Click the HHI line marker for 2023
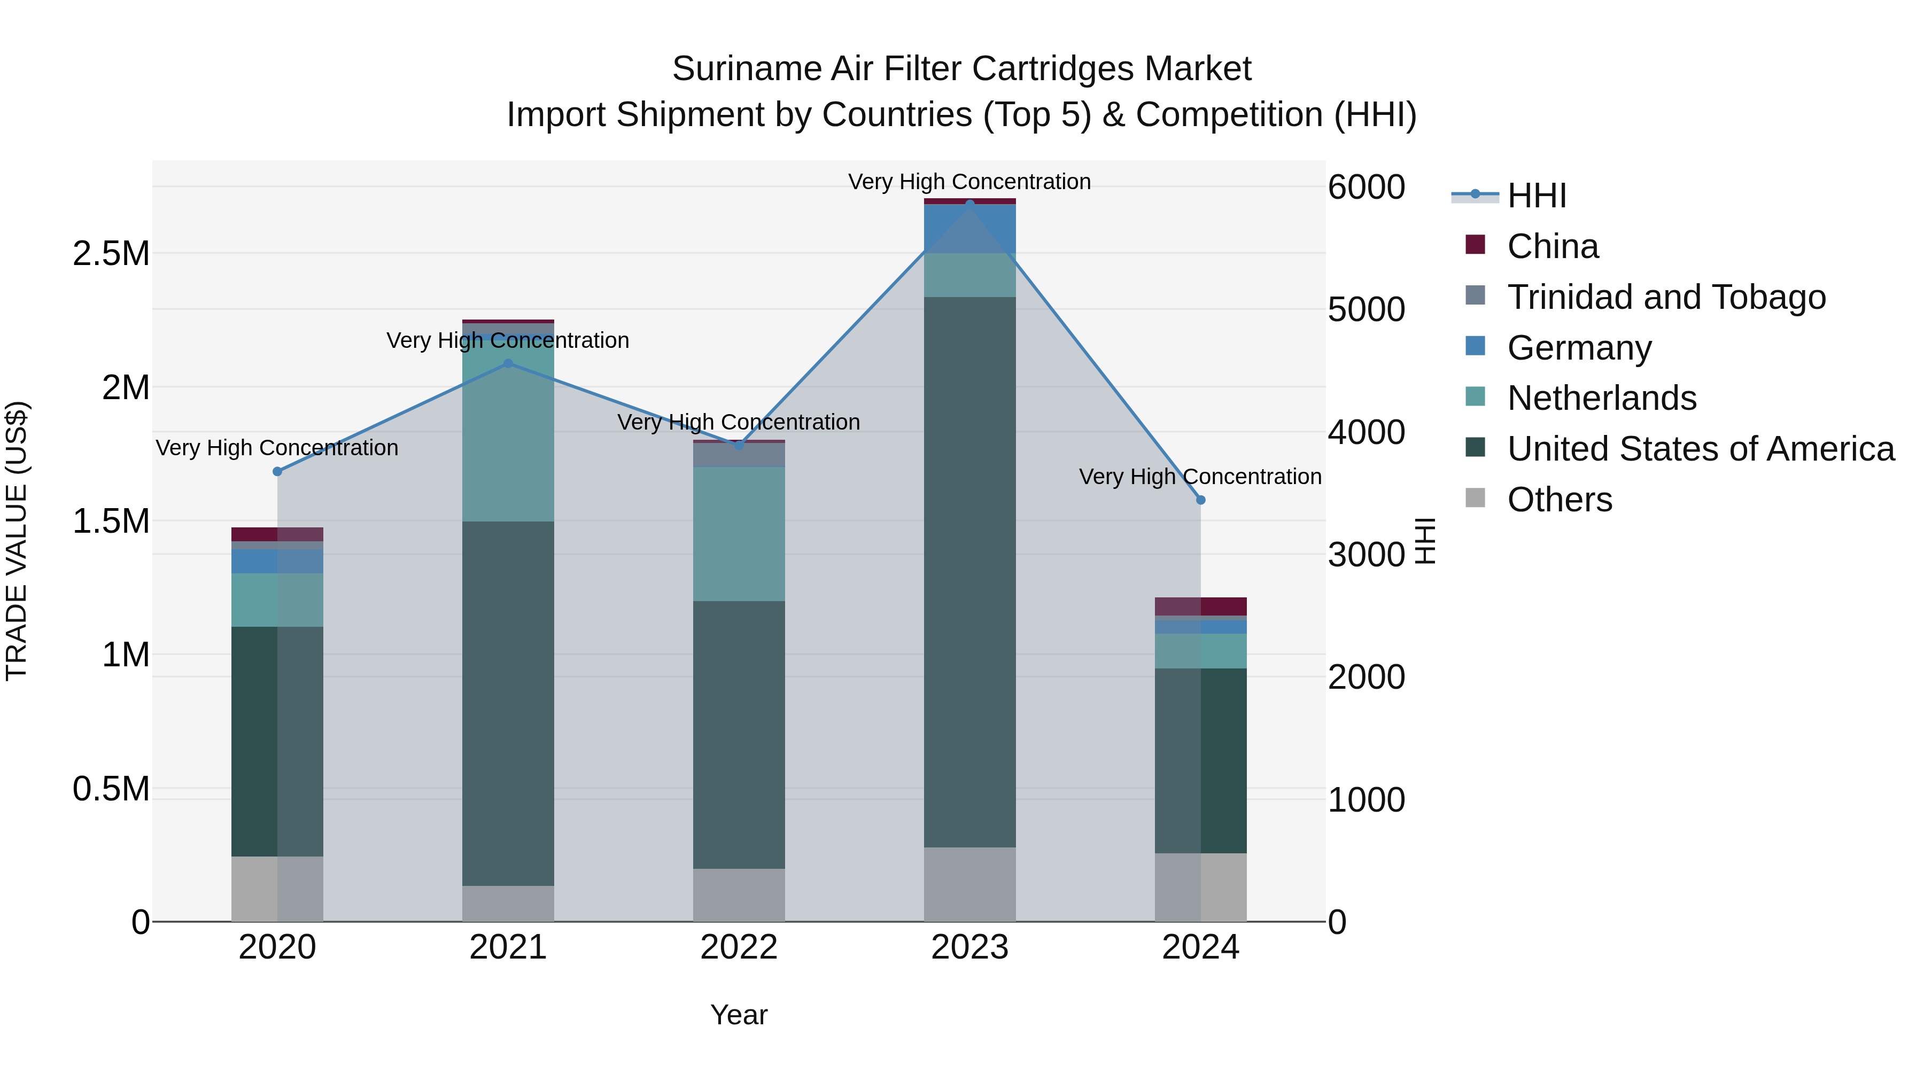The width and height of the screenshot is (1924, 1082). pos(969,203)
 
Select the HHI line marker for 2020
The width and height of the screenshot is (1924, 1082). pos(277,471)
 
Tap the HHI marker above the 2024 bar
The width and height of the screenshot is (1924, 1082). pos(1200,500)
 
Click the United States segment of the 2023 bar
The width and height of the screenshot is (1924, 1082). pos(969,571)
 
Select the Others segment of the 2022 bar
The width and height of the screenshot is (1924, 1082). pos(739,894)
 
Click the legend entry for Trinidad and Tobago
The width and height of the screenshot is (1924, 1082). pos(1665,297)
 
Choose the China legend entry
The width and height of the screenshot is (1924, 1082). pos(1552,246)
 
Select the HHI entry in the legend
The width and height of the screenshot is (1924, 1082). pos(1535,196)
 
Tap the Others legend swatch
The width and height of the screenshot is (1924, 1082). pos(1475,498)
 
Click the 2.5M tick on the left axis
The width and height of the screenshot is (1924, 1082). pos(111,254)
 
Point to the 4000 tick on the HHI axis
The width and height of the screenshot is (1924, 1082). pos(1366,432)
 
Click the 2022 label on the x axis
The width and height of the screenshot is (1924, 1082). pos(739,947)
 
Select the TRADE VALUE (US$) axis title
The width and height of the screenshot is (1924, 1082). pos(17,541)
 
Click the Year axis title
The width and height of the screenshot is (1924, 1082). pos(739,1015)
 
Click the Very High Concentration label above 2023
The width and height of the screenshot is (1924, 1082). pos(969,182)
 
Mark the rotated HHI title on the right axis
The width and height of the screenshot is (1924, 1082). pos(1425,541)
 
